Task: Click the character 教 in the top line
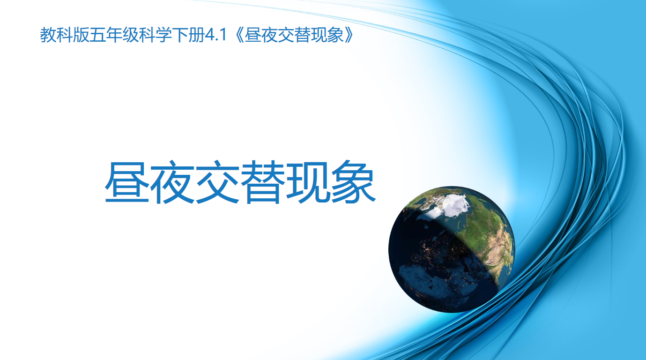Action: [48, 35]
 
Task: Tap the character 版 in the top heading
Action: [81, 35]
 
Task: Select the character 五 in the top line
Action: [97, 35]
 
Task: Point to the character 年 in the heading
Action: [114, 35]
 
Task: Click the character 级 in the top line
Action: [130, 35]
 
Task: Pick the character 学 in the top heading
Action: [163, 35]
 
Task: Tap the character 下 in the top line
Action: [180, 35]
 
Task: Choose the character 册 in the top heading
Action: [196, 35]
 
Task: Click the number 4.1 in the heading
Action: [215, 35]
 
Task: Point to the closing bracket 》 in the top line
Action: [349, 35]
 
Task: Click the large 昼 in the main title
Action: [127, 182]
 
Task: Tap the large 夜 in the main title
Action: [172, 182]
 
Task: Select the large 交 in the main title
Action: [217, 182]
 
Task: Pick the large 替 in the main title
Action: [262, 182]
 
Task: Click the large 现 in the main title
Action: [308, 182]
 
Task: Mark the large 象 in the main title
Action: [353, 182]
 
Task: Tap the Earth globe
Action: [451, 249]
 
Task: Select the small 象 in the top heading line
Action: [335, 35]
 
